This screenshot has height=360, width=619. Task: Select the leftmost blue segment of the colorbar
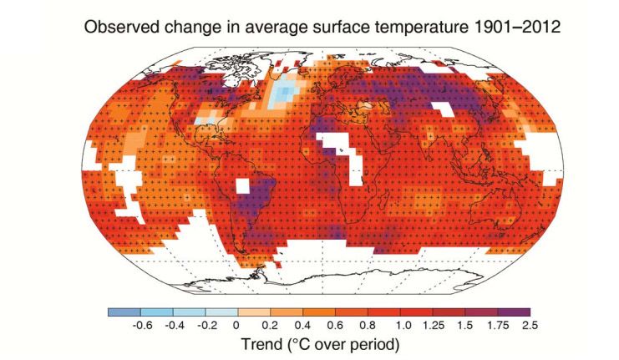coord(121,312)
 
